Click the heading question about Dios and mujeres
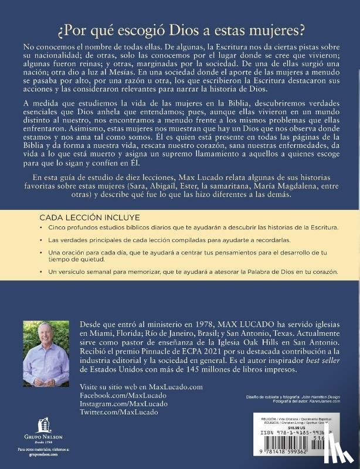click(x=179, y=29)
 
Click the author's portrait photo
click(x=46, y=354)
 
